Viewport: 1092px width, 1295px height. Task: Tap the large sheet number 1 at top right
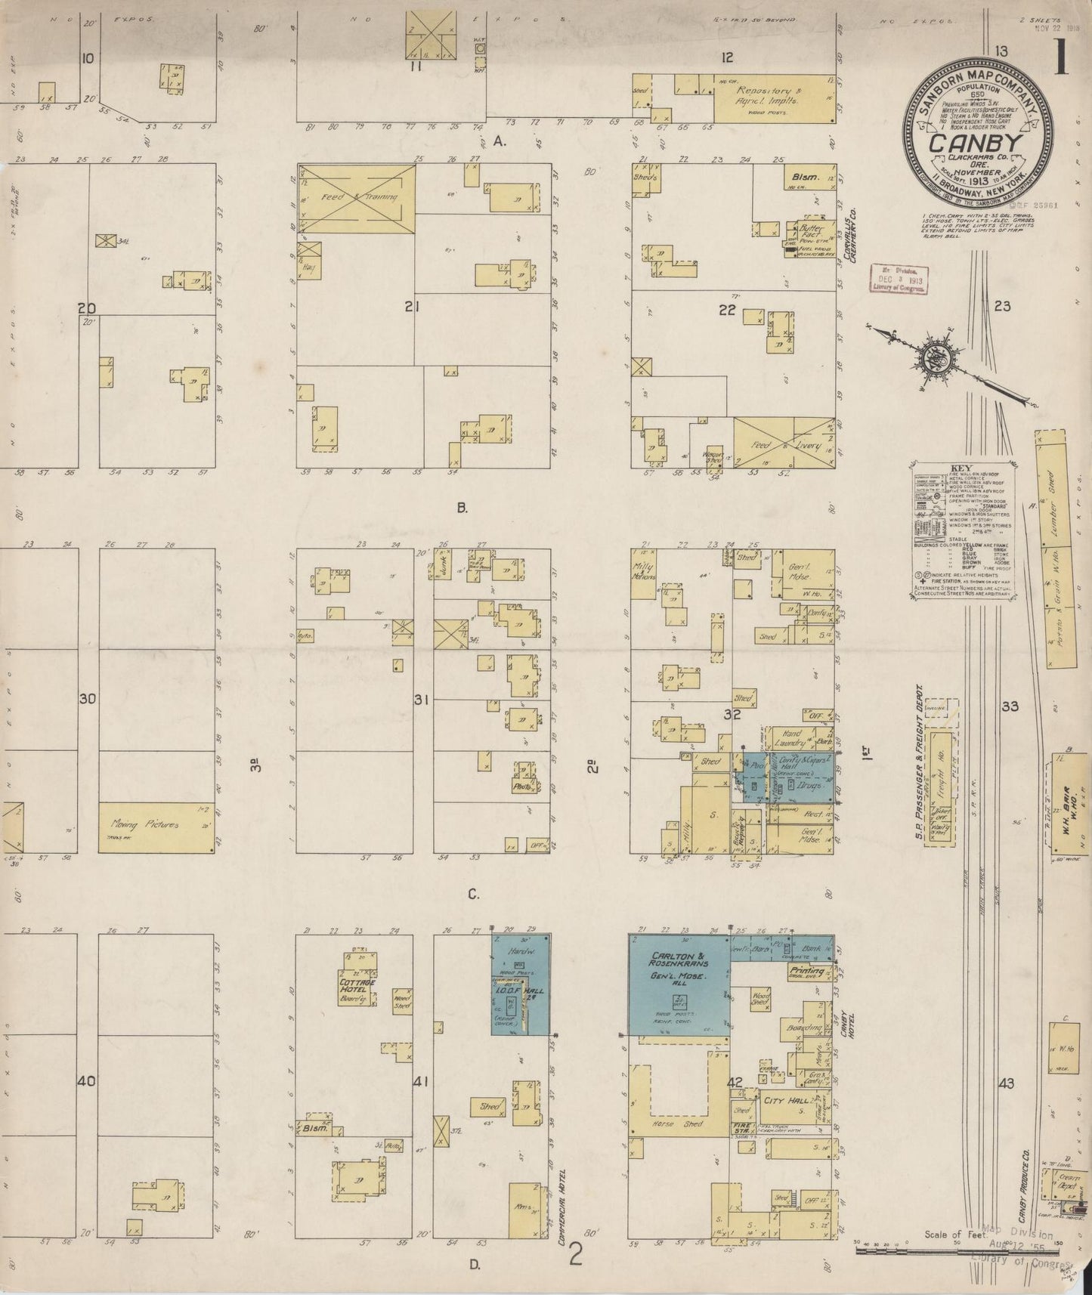pos(1062,57)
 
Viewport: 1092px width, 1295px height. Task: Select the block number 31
pos(421,700)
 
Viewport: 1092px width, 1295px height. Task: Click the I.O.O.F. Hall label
pos(523,991)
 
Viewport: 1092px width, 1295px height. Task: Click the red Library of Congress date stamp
pos(899,280)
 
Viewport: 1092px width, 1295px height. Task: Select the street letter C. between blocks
pos(473,895)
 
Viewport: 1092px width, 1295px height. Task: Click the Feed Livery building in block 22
pos(783,445)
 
